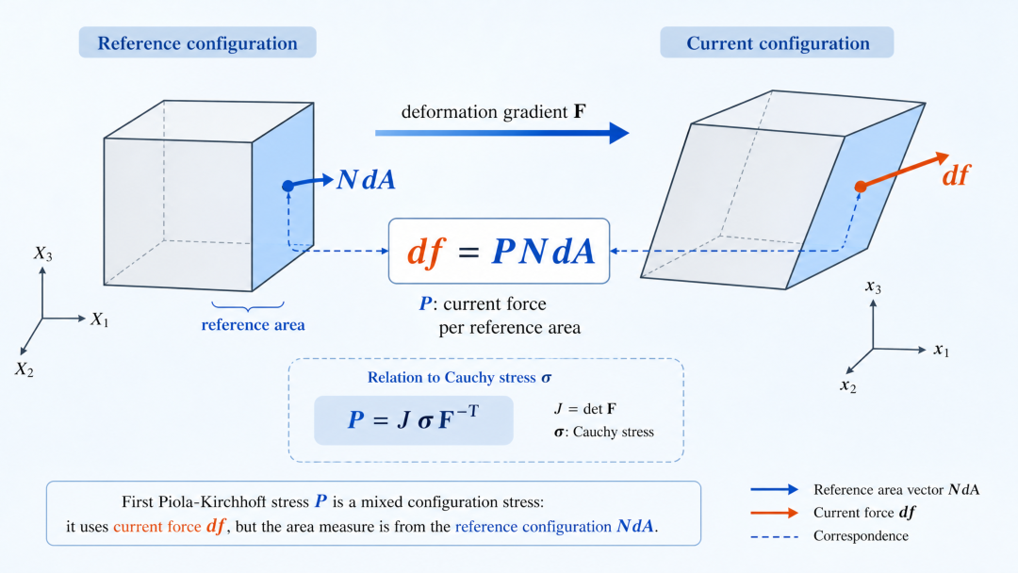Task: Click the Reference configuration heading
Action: [x=197, y=42]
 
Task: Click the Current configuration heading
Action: [x=778, y=42]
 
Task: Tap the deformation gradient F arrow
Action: [x=501, y=133]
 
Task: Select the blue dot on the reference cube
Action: [x=288, y=187]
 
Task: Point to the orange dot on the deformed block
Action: [x=861, y=187]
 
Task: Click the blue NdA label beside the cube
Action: [x=366, y=180]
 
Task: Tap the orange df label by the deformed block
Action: [x=956, y=175]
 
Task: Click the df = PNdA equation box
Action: [x=499, y=251]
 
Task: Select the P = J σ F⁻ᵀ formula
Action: [x=414, y=419]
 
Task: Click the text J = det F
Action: [x=585, y=409]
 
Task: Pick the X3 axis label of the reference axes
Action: [x=42, y=254]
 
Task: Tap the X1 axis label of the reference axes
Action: [x=99, y=319]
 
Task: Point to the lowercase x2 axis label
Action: [x=848, y=385]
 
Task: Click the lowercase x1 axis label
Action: [x=942, y=351]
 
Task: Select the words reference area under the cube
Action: [x=253, y=324]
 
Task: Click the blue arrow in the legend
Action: [x=775, y=489]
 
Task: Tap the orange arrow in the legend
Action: [x=775, y=513]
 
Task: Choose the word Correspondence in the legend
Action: [x=861, y=536]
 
